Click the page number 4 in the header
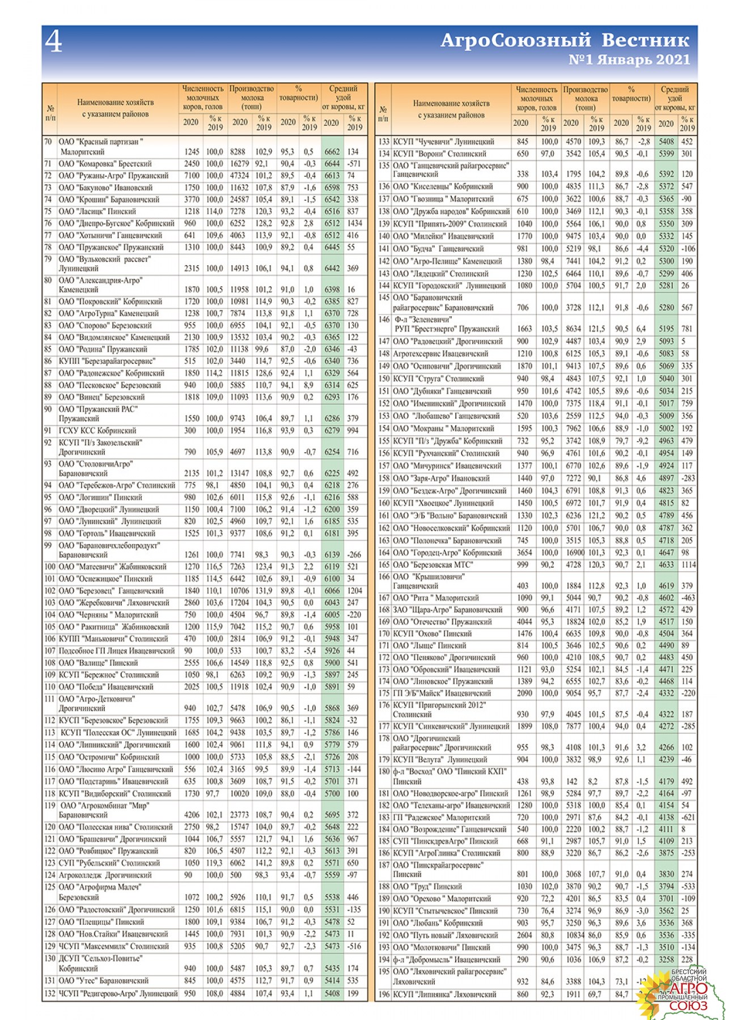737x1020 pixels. [54, 41]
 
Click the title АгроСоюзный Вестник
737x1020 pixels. [565, 40]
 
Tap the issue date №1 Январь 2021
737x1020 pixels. [629, 59]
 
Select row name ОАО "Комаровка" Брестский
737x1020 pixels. [105, 164]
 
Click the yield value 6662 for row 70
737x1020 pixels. [332, 152]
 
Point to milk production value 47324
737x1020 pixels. [240, 176]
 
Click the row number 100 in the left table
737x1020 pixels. [49, 567]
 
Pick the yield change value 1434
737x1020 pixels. [355, 223]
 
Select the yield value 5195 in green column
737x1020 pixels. [666, 329]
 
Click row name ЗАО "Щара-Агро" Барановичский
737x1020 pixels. [447, 610]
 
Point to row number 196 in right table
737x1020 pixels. [384, 994]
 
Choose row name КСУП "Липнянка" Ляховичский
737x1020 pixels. [444, 994]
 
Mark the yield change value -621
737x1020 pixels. [687, 818]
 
